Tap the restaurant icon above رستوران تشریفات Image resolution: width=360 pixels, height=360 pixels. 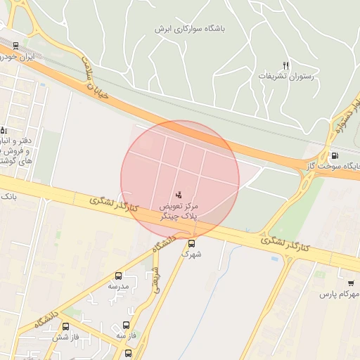[x=285, y=65]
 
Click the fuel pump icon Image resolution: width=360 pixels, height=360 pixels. [x=334, y=155]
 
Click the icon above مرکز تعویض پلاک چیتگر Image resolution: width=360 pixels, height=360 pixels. [x=179, y=194]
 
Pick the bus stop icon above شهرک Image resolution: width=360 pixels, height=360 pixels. [x=191, y=243]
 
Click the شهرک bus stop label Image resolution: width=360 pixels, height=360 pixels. [x=191, y=254]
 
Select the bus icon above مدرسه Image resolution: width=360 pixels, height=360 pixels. [x=118, y=276]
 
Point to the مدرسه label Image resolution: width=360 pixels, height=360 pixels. [x=118, y=287]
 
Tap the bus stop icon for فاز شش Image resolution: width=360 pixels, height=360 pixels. [x=65, y=327]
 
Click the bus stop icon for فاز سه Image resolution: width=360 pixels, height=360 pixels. [x=125, y=326]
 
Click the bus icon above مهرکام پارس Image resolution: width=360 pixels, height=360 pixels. [x=350, y=283]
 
